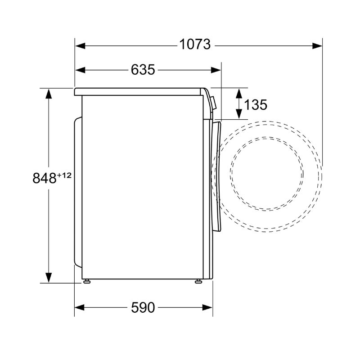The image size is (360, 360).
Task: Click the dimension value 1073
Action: [x=195, y=44]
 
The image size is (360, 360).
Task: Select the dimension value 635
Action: [x=143, y=70]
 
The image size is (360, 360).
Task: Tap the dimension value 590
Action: [x=143, y=307]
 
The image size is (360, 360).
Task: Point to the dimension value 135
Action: [x=256, y=105]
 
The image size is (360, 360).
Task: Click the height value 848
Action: [x=44, y=178]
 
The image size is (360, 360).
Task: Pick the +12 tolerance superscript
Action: [x=64, y=175]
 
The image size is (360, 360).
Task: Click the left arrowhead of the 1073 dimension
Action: [x=80, y=46]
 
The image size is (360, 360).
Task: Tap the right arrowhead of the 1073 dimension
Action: [x=317, y=46]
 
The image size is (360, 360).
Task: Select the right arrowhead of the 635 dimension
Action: [x=216, y=70]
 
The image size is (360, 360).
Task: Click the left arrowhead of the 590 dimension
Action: [x=80, y=307]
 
